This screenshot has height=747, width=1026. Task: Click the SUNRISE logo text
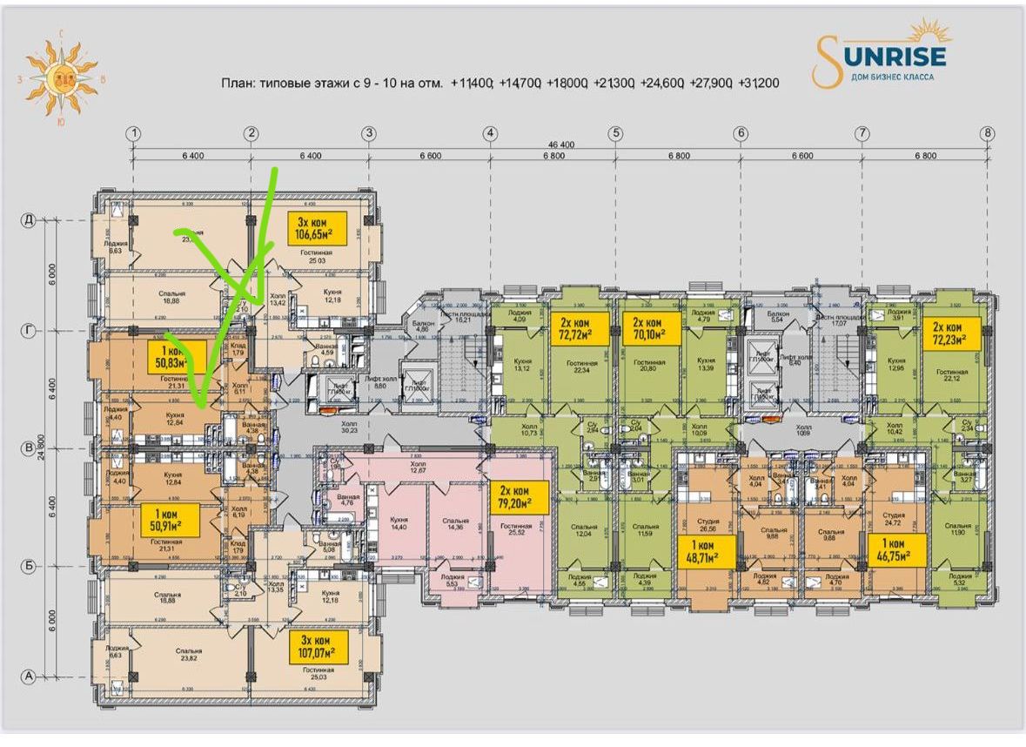(890, 57)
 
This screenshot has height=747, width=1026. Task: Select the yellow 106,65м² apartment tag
(317, 228)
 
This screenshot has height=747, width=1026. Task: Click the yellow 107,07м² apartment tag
(318, 648)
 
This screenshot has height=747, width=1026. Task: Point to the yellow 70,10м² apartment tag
(651, 328)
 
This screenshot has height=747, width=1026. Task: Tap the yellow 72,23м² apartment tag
(951, 333)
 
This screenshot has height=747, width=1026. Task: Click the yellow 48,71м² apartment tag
(707, 551)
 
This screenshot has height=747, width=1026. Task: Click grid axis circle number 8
(987, 133)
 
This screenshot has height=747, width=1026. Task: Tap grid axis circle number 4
(491, 133)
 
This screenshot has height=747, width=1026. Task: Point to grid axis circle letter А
(27, 676)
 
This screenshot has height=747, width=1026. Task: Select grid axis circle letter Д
(27, 221)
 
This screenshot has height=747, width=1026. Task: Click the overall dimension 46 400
(560, 145)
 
